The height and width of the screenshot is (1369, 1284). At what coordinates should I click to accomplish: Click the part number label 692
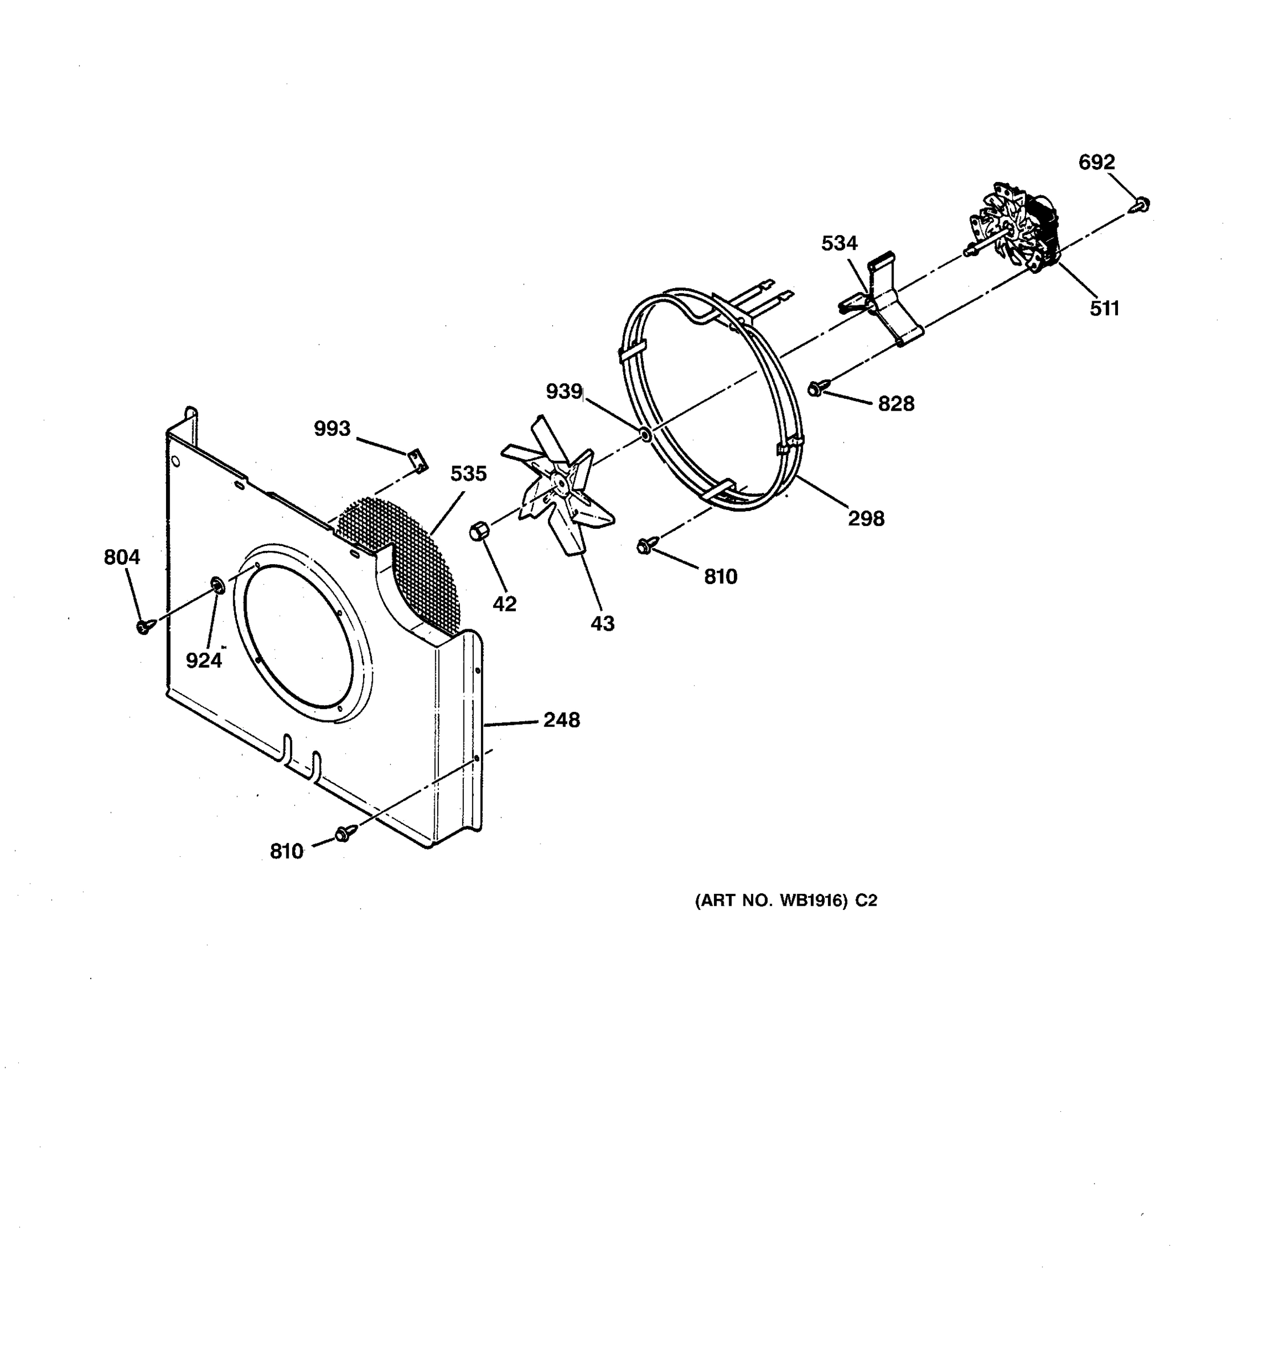(1096, 163)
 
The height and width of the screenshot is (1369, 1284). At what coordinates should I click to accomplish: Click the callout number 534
(839, 243)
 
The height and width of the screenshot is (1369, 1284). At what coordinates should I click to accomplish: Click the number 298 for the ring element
(866, 519)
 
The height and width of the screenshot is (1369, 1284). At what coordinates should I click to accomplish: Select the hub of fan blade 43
(559, 486)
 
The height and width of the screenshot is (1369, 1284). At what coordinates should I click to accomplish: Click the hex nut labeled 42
(479, 532)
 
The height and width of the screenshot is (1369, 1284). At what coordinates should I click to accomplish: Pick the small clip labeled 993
(417, 459)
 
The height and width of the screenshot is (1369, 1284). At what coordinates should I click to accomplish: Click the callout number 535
(469, 474)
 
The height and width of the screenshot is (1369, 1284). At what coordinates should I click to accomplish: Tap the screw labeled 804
(144, 626)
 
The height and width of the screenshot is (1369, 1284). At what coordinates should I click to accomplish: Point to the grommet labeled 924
(216, 586)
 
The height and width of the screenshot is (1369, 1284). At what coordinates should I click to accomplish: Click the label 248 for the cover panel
(562, 720)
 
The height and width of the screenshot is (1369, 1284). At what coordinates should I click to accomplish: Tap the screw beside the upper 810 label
(645, 545)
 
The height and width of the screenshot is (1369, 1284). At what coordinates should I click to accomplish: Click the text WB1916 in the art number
(812, 901)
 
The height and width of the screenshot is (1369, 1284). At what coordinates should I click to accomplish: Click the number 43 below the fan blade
(602, 624)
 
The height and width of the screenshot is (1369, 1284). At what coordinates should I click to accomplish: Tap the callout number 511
(1104, 309)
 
